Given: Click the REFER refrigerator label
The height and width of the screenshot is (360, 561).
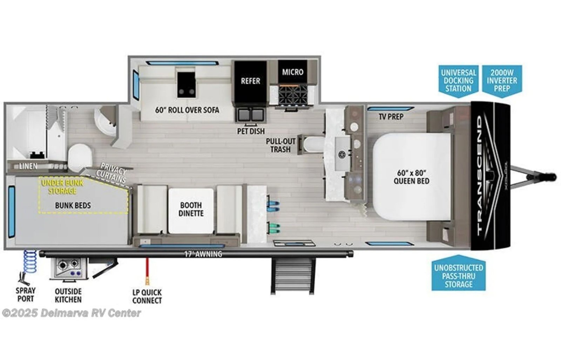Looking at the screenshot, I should pyautogui.click(x=250, y=81).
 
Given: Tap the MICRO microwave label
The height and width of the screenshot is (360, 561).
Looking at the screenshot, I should pyautogui.click(x=292, y=72).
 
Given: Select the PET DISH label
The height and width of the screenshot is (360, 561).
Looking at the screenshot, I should pyautogui.click(x=251, y=131).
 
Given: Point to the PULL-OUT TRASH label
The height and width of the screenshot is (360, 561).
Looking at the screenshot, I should pyautogui.click(x=280, y=145).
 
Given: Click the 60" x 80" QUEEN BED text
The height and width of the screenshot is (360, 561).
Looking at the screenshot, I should pyautogui.click(x=411, y=177).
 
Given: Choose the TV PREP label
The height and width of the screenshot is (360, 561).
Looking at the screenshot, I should pyautogui.click(x=391, y=116).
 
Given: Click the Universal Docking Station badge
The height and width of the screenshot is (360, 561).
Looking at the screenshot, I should pyautogui.click(x=459, y=81).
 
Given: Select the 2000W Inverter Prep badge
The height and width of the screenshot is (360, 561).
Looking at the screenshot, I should pyautogui.click(x=502, y=81).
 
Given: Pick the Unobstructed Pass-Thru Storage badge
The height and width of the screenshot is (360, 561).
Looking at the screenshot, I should pyautogui.click(x=459, y=276).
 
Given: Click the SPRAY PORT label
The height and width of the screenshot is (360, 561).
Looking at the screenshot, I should pyautogui.click(x=26, y=295).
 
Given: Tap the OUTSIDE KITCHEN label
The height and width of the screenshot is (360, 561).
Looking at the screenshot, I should pyautogui.click(x=68, y=296).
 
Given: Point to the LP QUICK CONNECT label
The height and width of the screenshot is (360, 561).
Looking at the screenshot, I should pyautogui.click(x=147, y=296).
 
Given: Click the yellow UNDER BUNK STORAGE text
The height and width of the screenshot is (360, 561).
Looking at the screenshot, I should pyautogui.click(x=62, y=187).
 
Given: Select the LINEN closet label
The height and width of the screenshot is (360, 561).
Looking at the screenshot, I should pyautogui.click(x=28, y=166).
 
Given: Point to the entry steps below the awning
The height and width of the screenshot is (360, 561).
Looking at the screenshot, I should pyautogui.click(x=292, y=277).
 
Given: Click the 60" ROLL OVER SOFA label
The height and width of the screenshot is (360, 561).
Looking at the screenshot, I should pyautogui.click(x=187, y=110).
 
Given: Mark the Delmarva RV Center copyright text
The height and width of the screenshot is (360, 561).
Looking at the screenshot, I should pyautogui.click(x=72, y=313).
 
